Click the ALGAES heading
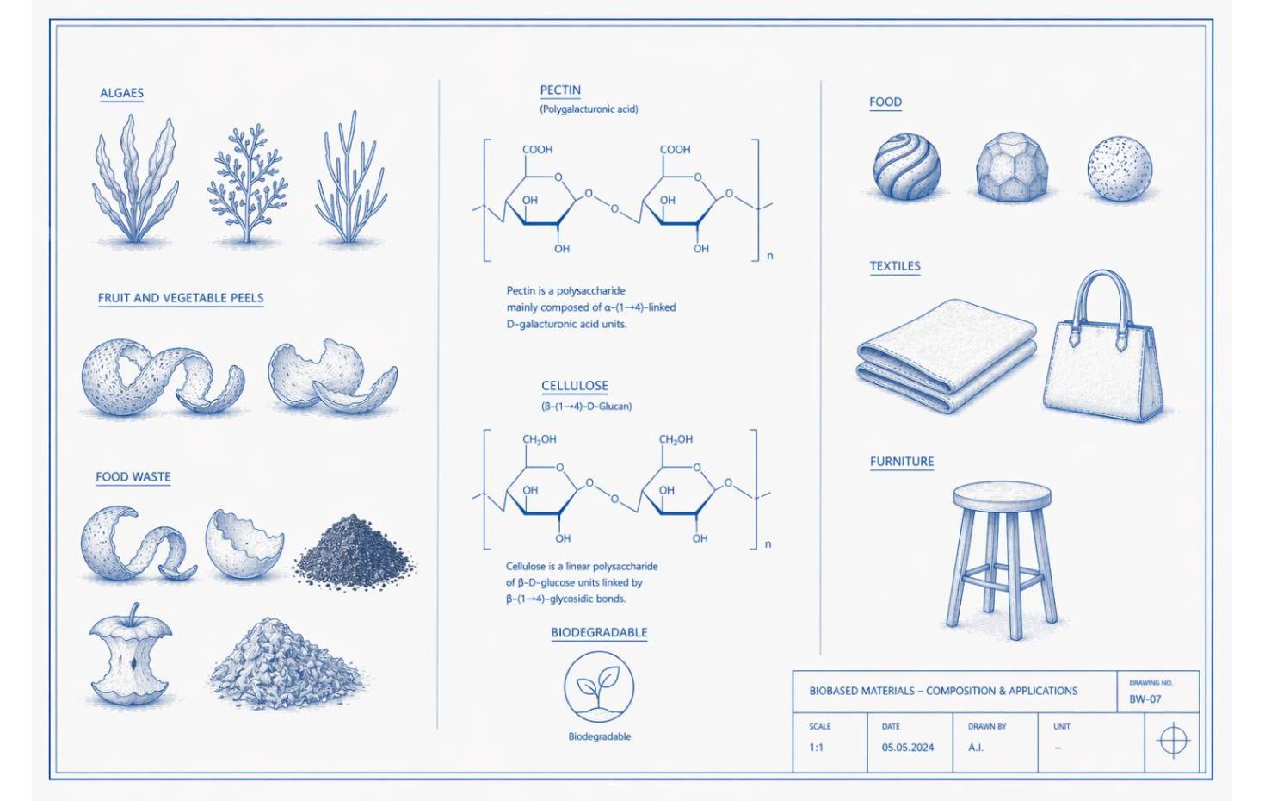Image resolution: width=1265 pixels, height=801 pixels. (121, 93)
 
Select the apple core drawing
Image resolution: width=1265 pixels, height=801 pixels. (131, 655)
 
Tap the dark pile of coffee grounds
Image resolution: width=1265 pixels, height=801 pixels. (355, 552)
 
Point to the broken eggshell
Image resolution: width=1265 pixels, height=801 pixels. (244, 543)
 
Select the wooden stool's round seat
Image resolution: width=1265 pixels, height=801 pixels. (1002, 496)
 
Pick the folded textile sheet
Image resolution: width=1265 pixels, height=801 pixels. (947, 356)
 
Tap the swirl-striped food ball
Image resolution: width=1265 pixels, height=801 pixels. (906, 166)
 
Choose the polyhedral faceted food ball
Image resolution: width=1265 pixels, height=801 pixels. (1012, 167)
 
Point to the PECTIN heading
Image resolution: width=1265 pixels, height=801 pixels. (559, 90)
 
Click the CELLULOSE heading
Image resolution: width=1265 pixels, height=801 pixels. (574, 386)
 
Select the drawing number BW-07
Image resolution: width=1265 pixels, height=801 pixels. (1145, 699)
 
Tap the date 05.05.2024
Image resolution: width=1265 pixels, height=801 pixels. (908, 748)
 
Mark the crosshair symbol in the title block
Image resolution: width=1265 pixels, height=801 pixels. (1173, 740)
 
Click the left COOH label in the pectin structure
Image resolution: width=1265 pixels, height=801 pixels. (537, 150)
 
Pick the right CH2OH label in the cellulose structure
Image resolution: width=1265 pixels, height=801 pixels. (676, 439)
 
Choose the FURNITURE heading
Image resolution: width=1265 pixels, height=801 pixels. (901, 462)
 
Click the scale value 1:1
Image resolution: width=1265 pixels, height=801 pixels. (816, 748)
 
